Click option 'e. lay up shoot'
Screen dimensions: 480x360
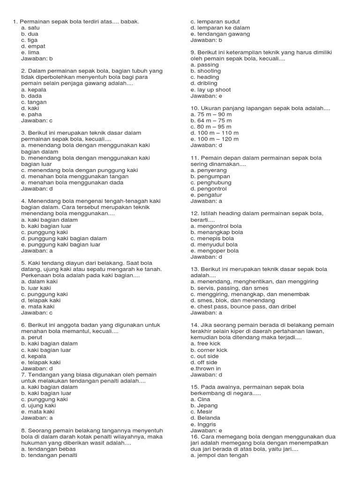(210, 90)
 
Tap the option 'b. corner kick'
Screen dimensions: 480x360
(209, 350)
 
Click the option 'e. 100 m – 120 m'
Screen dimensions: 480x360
(214, 139)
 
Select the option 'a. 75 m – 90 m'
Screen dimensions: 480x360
(211, 114)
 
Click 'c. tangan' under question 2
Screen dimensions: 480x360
(34, 102)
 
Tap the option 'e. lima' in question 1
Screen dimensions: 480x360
(30, 52)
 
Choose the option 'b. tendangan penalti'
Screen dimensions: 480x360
(49, 455)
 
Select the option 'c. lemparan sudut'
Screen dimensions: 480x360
(215, 22)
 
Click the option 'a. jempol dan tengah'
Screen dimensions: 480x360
(219, 455)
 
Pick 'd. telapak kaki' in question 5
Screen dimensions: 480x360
(41, 300)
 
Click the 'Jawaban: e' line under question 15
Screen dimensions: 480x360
(206, 430)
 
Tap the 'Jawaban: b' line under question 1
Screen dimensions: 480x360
(37, 59)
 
